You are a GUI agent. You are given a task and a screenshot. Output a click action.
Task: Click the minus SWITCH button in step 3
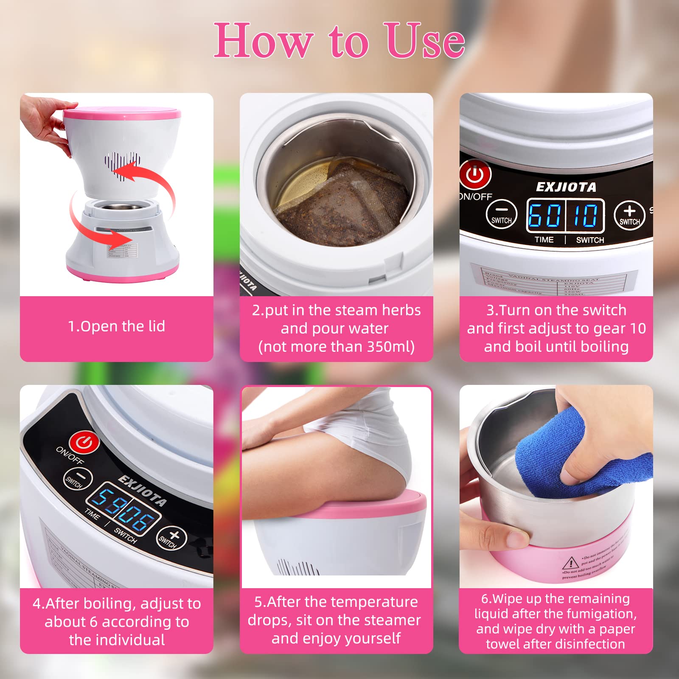point(501,214)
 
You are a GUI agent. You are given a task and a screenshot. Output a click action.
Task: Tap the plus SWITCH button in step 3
point(629,215)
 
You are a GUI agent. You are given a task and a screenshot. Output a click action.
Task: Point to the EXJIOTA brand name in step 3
point(566,187)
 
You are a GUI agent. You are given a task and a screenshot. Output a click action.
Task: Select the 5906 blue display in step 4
point(123,510)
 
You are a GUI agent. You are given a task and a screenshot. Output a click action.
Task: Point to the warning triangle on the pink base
point(571,564)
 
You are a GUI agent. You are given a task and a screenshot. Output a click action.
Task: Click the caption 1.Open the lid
point(116,326)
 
